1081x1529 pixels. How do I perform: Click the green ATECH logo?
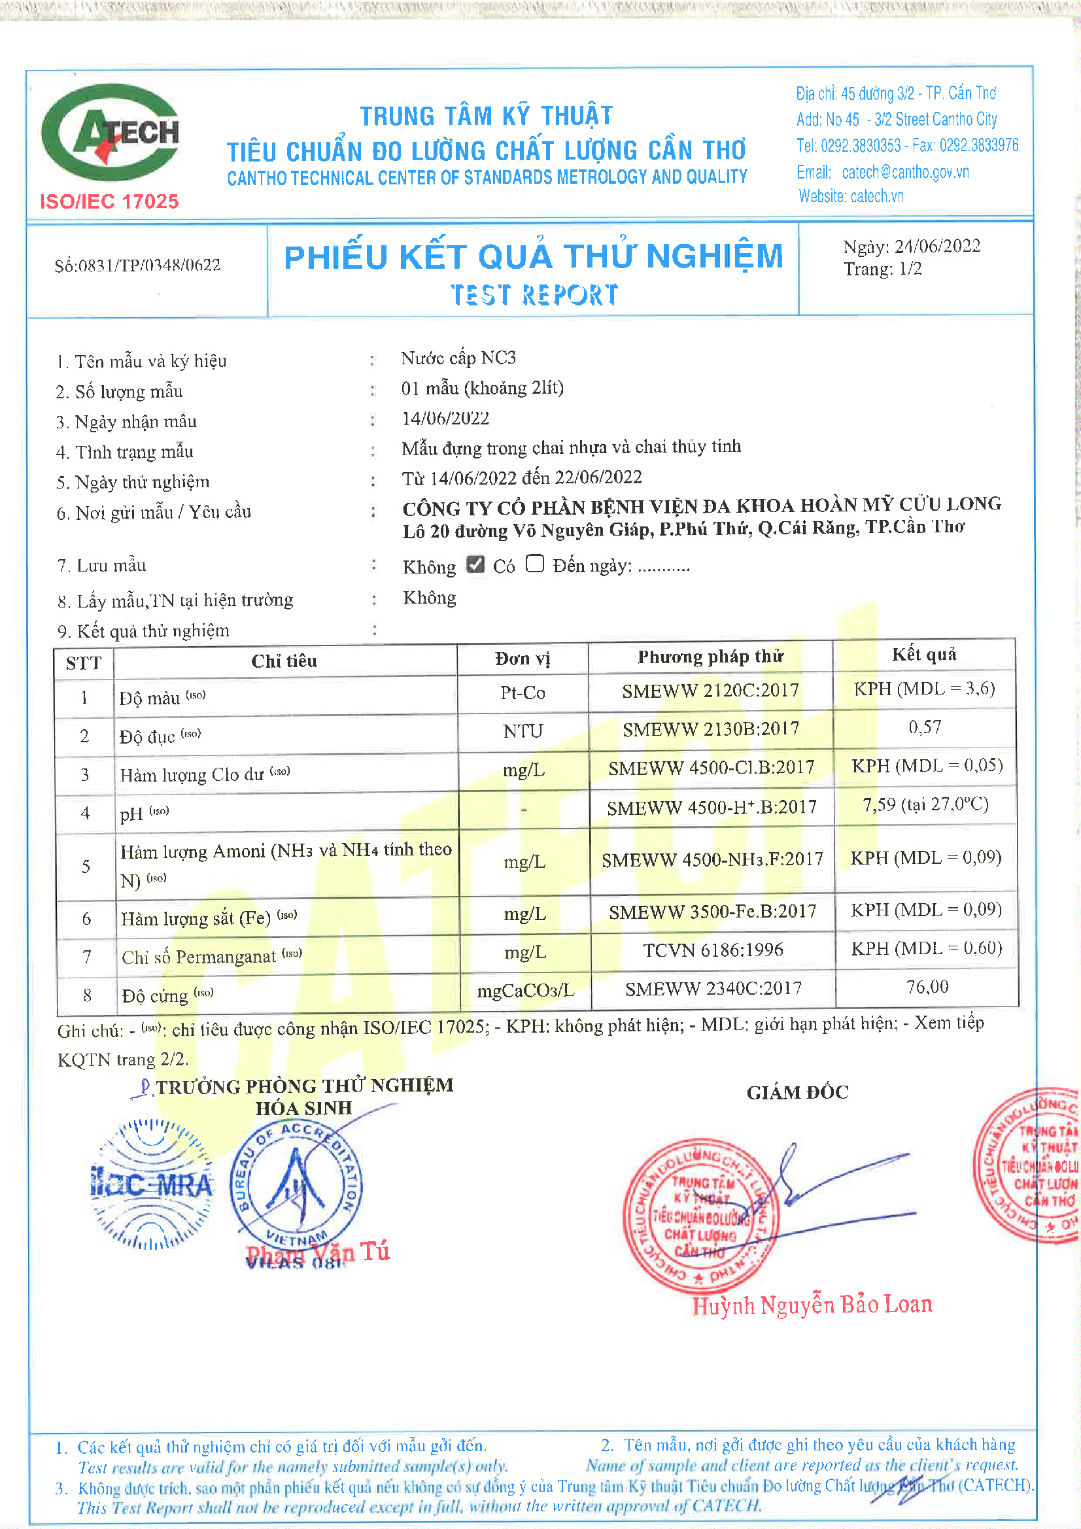110,133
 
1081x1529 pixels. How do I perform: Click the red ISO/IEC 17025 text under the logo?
109,201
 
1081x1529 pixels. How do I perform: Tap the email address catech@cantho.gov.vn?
904,172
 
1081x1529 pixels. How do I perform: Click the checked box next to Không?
475,564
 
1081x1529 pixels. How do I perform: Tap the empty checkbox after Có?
535,564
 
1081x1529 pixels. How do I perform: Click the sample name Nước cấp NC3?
458,358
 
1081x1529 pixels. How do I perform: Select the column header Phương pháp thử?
710,657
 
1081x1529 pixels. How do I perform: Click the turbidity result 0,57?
925,727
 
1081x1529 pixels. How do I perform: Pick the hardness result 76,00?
927,987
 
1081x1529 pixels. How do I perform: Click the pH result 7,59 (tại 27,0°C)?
925,805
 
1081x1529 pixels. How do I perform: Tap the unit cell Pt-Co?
523,693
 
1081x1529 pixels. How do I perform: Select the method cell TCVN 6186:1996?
713,950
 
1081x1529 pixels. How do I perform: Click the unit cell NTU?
523,731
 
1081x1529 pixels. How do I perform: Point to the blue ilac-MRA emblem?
152,1184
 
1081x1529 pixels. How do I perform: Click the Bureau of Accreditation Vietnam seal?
296,1186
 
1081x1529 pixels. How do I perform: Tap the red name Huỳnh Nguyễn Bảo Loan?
812,1305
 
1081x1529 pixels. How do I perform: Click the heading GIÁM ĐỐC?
797,1093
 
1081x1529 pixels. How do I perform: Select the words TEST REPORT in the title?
534,295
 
